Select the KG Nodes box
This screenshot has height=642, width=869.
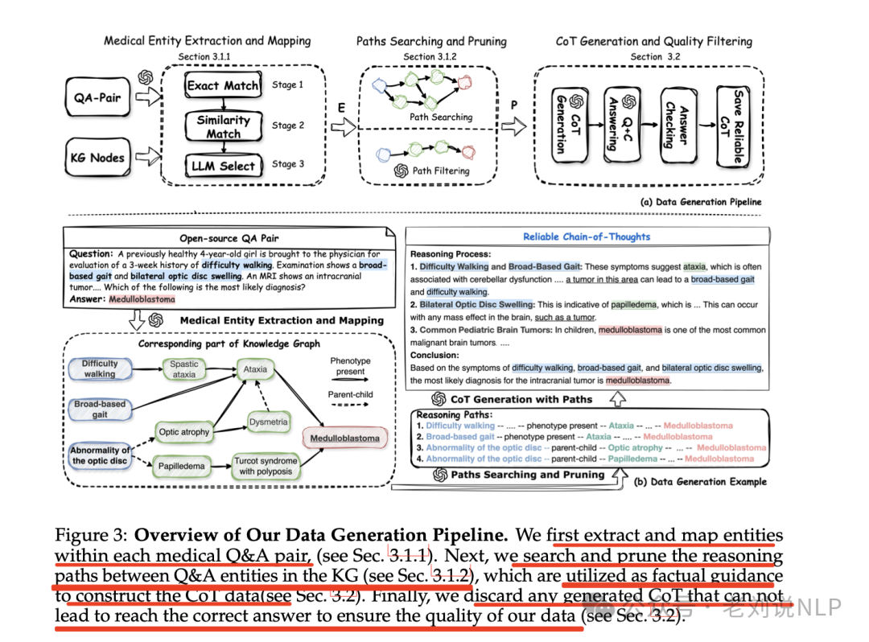click(97, 158)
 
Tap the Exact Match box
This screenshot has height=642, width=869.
click(223, 85)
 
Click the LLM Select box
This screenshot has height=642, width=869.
click(223, 166)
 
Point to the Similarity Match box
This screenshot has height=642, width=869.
click(223, 126)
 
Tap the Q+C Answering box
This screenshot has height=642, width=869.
click(619, 125)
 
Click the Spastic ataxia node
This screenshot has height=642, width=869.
click(183, 369)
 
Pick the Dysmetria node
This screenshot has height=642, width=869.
click(268, 422)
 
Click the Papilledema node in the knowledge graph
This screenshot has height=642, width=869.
click(182, 466)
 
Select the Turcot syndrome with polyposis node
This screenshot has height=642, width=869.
click(266, 467)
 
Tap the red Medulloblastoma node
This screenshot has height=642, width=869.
click(344, 438)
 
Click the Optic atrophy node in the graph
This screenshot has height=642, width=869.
click(184, 432)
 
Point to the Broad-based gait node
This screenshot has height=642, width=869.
click(100, 409)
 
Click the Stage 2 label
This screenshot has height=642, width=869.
click(287, 126)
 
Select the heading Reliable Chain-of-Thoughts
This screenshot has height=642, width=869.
click(586, 237)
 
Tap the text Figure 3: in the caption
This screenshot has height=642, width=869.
click(90, 536)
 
